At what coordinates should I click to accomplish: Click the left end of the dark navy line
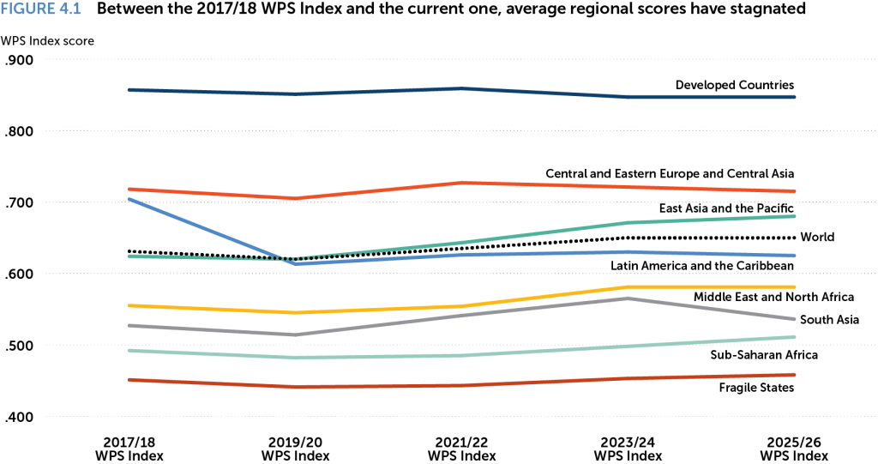(129, 89)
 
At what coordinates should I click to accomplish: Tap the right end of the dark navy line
(795, 97)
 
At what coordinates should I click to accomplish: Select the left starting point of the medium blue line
(129, 199)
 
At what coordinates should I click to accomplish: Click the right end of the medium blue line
(795, 256)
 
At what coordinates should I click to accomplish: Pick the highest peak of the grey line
(629, 298)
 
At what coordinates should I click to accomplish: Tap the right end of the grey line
(795, 319)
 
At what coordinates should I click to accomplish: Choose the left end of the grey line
(129, 325)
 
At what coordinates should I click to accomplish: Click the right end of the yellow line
(795, 286)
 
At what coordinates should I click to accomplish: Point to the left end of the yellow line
(129, 304)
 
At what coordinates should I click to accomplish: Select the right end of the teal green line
(795, 216)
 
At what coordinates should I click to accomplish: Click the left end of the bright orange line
(129, 189)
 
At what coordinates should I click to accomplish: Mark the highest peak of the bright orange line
(464, 182)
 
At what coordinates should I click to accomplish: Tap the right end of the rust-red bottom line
(795, 374)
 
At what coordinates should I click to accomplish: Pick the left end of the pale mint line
(129, 350)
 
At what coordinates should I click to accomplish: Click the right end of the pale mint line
(795, 336)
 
